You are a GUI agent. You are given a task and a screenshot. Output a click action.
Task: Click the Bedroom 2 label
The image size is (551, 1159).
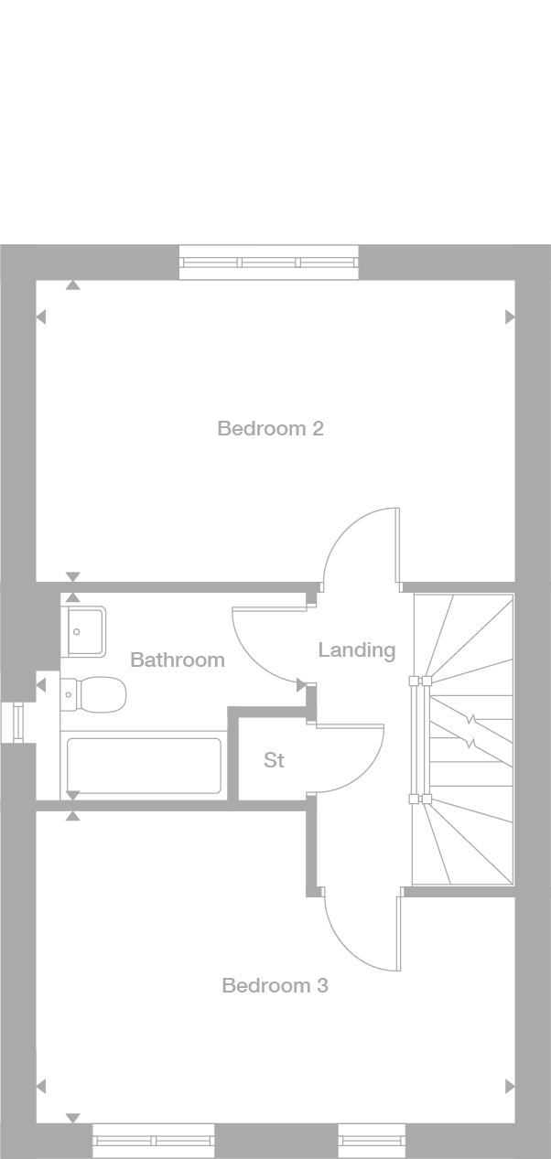pos(270,428)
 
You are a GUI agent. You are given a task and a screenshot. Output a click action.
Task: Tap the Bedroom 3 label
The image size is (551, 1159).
pos(275,985)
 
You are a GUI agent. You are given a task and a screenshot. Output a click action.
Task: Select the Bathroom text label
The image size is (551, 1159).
pos(177,660)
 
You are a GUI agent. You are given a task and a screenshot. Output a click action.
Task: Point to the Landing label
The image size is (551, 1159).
pos(356,649)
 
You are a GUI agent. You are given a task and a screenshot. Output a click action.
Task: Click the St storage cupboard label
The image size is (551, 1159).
pos(274,760)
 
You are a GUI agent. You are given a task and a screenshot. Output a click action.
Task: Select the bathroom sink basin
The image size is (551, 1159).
pos(84,631)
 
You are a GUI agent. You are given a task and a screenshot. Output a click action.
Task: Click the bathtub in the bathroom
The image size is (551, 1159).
pos(144,766)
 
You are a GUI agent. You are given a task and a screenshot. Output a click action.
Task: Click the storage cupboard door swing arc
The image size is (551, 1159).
pos(357,764)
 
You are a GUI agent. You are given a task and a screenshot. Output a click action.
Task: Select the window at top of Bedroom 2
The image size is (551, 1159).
pos(268,263)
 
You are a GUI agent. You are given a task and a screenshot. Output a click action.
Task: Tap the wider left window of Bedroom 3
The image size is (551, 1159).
pos(153,1141)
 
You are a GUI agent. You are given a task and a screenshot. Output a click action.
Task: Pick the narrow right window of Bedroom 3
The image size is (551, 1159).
pos(372,1141)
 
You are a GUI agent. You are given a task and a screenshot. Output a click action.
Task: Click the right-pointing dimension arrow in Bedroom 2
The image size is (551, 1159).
pos(510,317)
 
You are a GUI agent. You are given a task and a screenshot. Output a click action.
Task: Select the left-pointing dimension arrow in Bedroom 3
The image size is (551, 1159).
pos(40,1087)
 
